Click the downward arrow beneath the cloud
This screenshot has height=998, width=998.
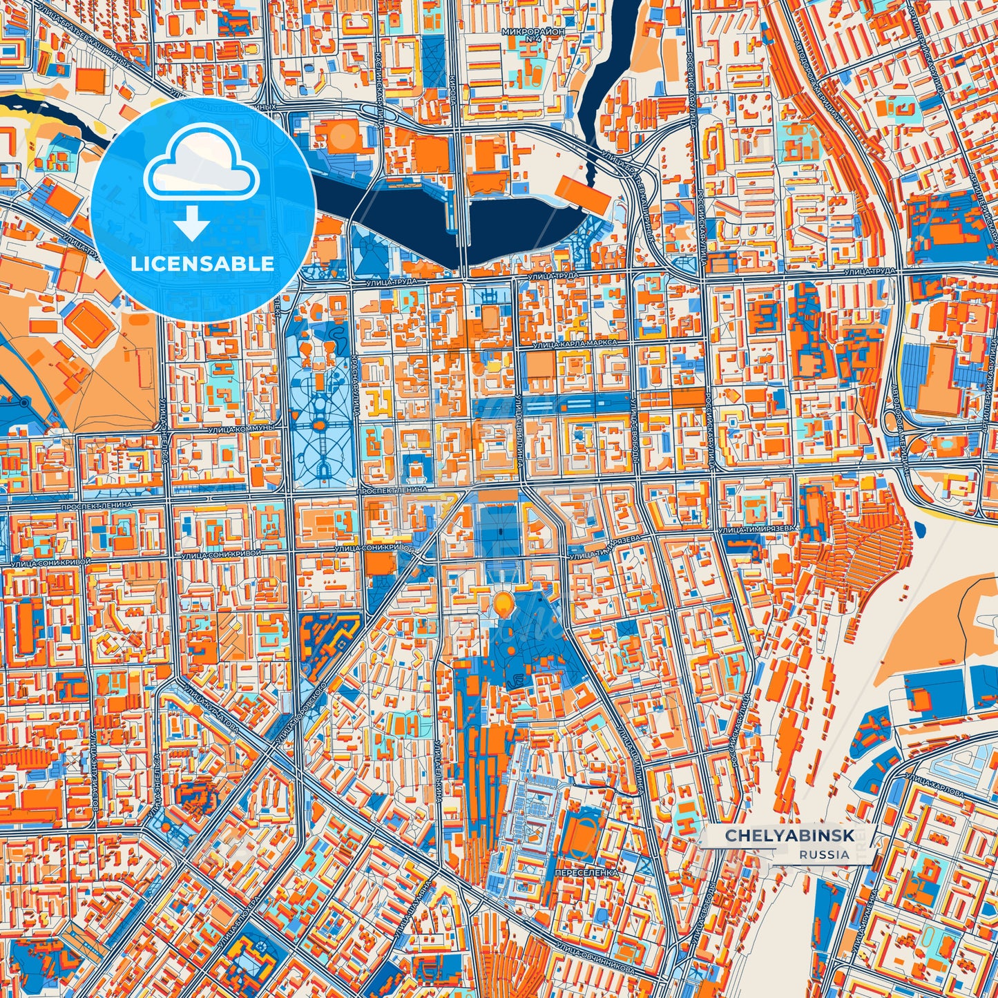[x=192, y=224]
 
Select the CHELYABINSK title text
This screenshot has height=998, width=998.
[x=789, y=836]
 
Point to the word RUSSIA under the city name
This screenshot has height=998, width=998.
[x=825, y=854]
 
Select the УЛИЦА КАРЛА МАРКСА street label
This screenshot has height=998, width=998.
[x=574, y=343]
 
